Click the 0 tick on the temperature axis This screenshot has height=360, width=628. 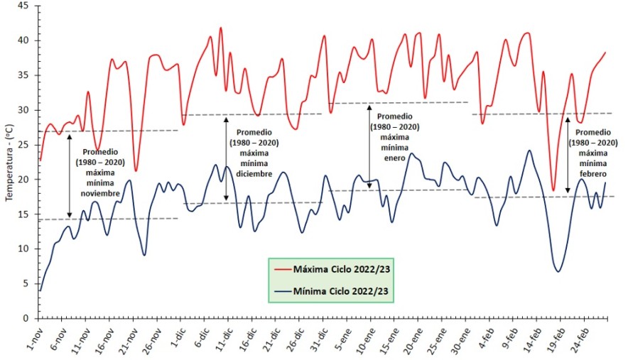click(26, 318)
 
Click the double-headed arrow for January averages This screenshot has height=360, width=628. click(369, 147)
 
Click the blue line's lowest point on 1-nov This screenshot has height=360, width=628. click(40, 290)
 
